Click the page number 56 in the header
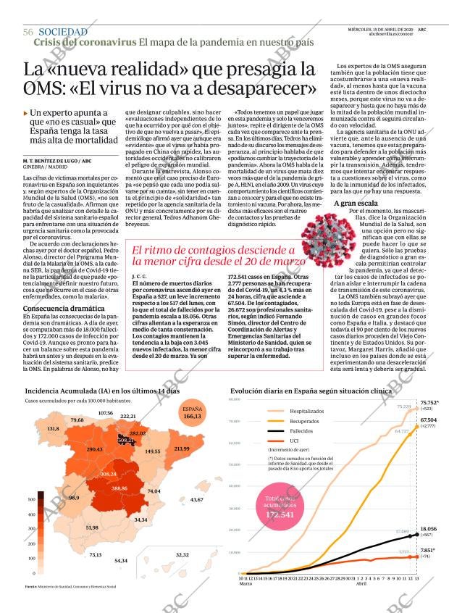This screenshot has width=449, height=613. [28, 33]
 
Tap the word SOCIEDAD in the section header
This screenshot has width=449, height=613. [63, 33]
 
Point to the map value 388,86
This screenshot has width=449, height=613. [119, 488]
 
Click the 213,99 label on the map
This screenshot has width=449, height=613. [181, 449]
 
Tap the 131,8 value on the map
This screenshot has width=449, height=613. [53, 429]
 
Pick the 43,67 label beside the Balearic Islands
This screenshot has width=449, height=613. [196, 500]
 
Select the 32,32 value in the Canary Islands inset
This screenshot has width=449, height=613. [182, 554]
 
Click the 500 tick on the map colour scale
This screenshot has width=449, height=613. [31, 499]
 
